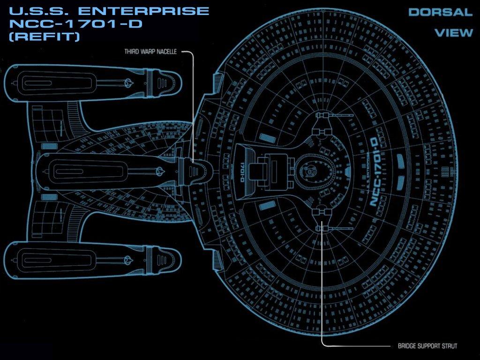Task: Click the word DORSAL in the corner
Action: (440, 13)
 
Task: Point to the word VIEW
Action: (453, 33)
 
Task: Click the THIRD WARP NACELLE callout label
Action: (150, 52)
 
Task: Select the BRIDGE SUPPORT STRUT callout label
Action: (427, 346)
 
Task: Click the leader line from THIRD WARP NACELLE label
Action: (192, 94)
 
